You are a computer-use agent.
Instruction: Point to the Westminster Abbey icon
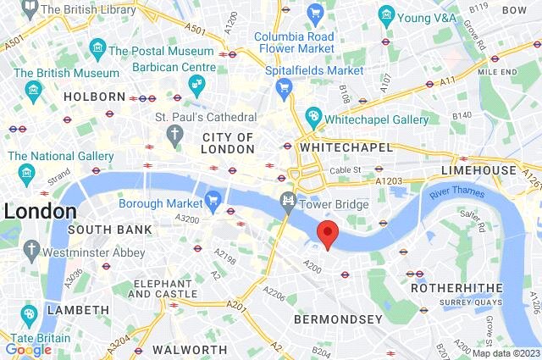32,250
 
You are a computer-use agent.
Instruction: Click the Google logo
28,349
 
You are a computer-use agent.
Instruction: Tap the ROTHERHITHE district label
446,288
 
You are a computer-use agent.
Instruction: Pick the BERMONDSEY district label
338,319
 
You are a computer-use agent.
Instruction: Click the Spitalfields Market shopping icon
285,86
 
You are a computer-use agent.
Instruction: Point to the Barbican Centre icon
196,83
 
